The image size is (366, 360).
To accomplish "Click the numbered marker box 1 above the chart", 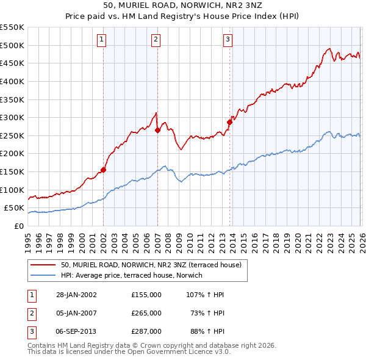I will [102, 40].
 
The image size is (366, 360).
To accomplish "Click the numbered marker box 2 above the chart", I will [156, 40].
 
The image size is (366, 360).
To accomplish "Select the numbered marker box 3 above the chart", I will [228, 40].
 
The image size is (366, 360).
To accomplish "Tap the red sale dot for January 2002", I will [103, 170].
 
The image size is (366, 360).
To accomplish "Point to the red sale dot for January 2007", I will [157, 130].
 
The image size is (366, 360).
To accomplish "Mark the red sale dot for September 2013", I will [230, 122].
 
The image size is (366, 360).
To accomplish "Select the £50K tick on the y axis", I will [14, 208].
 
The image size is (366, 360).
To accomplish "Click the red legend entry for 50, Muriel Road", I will [151, 265].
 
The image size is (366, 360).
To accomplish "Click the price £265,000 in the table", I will [146, 313].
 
